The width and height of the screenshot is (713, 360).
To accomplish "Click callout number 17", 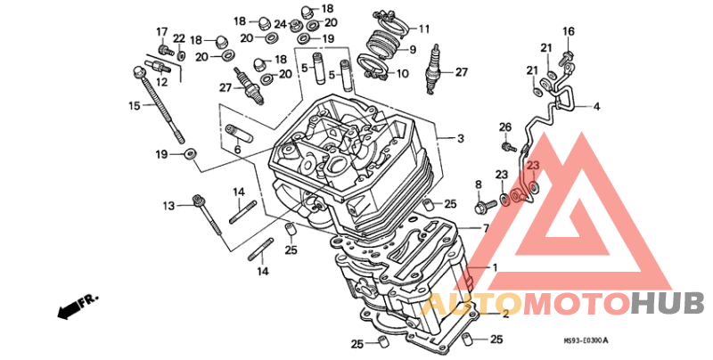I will (162, 31).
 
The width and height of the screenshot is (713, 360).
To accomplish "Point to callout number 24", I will (280, 23).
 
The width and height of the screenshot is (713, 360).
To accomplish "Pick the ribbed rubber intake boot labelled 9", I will (384, 42).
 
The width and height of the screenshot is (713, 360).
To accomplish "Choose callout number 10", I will (402, 74).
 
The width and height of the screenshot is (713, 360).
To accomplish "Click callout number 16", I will (568, 31).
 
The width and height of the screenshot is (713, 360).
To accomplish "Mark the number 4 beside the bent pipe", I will (596, 107).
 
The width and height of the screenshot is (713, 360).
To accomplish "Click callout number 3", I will (461, 139).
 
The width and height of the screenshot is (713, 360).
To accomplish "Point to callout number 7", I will (486, 229).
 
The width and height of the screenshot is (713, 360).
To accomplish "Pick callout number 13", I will (168, 207).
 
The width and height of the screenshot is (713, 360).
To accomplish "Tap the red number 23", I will (532, 166).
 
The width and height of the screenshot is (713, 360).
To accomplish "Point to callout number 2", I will (504, 314).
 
